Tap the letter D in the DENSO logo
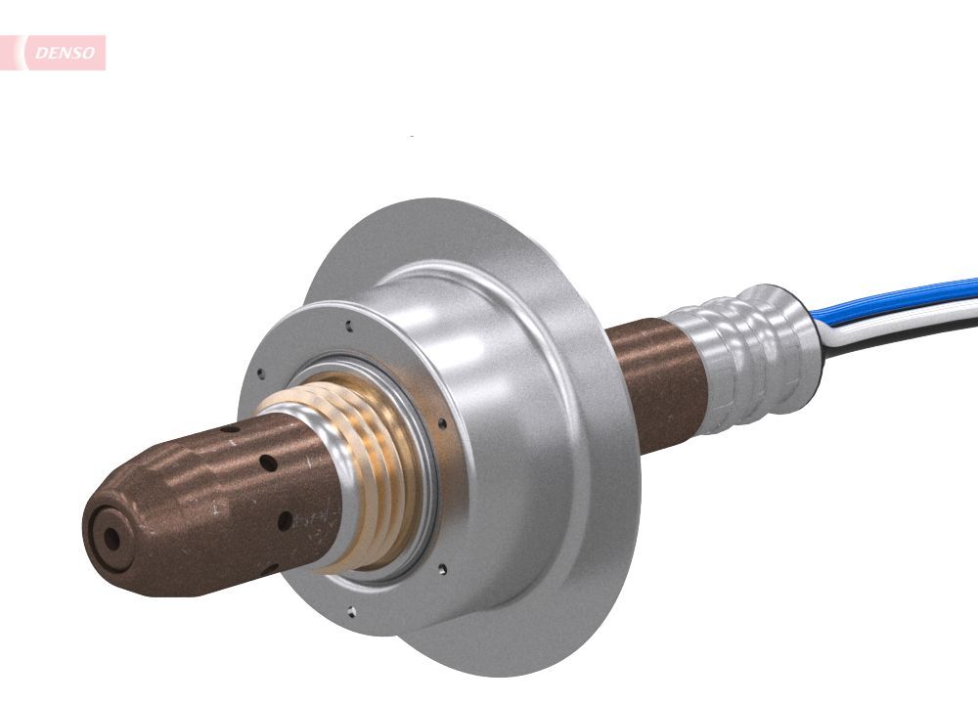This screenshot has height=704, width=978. (40, 54)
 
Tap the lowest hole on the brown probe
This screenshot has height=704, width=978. (285, 521)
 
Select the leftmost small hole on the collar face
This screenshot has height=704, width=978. (261, 372)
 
